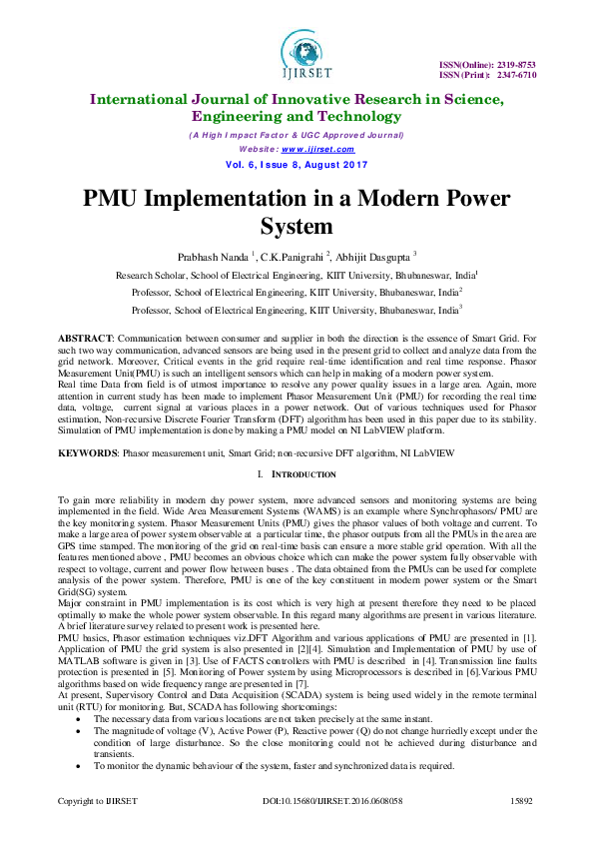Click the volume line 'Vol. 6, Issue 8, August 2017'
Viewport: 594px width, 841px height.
click(x=297, y=164)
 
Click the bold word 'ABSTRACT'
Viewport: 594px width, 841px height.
click(x=85, y=341)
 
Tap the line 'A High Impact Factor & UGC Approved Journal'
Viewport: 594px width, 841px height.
click(x=297, y=135)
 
